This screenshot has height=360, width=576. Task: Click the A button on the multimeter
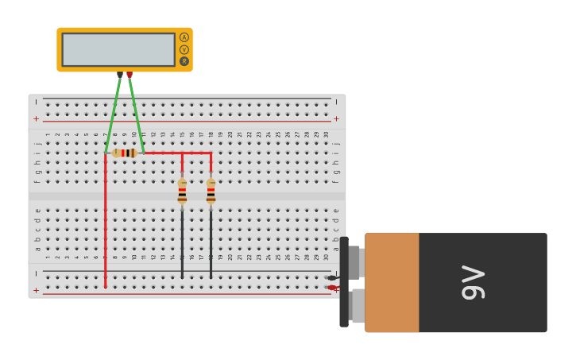pos(184,37)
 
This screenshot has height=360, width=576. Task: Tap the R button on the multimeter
pos(184,61)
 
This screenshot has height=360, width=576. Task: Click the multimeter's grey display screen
pos(118,49)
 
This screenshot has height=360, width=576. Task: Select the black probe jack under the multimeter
pos(120,75)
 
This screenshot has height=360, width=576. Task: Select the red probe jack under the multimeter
pos(130,75)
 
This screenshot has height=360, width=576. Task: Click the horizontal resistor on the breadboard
pos(125,153)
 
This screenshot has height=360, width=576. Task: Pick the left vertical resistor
pos(182,191)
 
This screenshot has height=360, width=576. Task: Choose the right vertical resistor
pos(211,191)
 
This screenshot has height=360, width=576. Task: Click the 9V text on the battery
pos(473,282)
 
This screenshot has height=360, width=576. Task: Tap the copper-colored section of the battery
pos(392,282)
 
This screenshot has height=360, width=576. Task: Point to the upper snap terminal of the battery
pos(354,262)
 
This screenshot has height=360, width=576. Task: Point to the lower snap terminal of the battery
pos(357,306)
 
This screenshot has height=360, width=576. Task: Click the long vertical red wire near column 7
pos(105,223)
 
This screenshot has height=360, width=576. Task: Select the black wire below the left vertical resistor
pos(182,242)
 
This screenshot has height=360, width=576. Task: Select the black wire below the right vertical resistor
pos(211,242)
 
